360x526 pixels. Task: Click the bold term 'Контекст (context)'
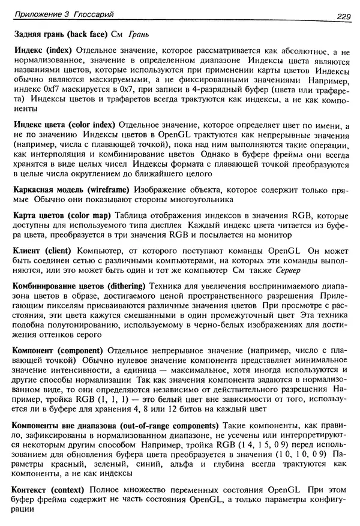tap(50, 491)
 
